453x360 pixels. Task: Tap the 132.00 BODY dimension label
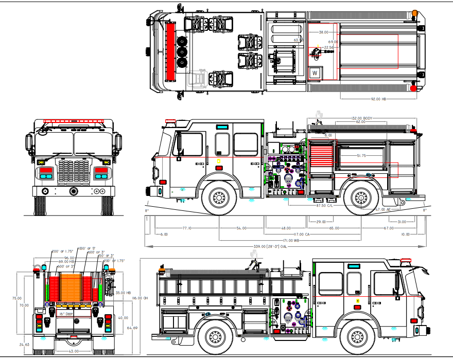pos(361,118)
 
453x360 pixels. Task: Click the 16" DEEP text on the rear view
pos(68,314)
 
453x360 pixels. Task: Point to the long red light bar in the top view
pos(170,50)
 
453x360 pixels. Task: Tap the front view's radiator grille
pos(74,172)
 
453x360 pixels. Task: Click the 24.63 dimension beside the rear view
pos(24,345)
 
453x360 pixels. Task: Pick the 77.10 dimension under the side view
pos(186,228)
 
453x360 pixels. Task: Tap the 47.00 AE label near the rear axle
pos(384,210)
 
